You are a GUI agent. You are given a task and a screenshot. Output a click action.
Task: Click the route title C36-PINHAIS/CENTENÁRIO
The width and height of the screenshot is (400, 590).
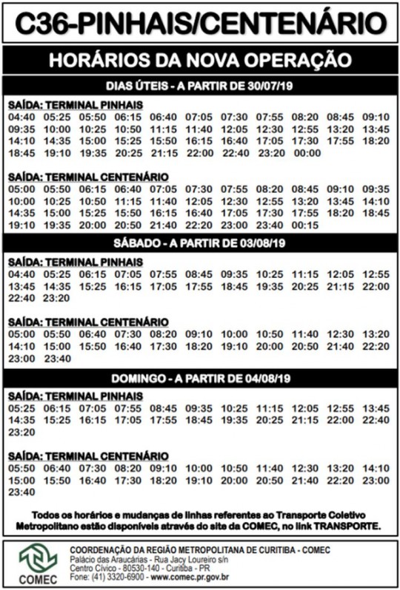(x=200, y=24)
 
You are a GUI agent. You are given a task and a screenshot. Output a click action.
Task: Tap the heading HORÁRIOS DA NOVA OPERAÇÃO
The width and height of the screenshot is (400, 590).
(x=200, y=59)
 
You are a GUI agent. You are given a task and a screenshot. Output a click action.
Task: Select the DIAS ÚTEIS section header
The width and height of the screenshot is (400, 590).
(x=200, y=85)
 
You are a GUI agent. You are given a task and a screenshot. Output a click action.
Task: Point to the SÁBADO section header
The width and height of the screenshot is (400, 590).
(x=200, y=243)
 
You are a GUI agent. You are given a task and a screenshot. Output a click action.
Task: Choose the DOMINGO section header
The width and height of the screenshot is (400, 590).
(x=200, y=378)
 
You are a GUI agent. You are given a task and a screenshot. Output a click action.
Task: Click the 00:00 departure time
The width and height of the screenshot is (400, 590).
(x=307, y=153)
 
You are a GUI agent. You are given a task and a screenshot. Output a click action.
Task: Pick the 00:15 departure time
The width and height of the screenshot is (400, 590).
(x=307, y=225)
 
